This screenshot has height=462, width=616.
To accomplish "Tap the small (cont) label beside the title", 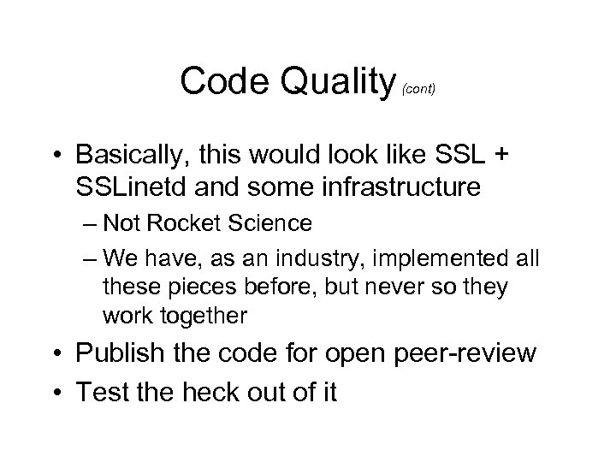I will pos(420,89).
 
